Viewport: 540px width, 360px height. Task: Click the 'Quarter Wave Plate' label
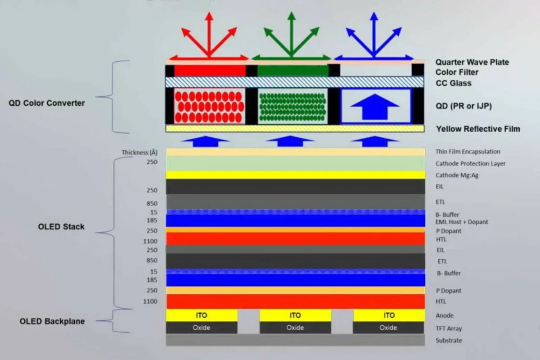coord(472,62)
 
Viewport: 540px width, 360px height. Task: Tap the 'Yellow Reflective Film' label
coord(478,129)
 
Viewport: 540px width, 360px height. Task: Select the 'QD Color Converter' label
coord(47,103)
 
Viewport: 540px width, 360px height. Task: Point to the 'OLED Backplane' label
coord(52,321)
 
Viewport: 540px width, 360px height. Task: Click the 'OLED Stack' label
coord(61,227)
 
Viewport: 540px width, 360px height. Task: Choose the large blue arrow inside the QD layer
coord(375,107)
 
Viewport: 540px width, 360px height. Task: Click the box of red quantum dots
coord(210,106)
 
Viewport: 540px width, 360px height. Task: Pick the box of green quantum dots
coord(292,106)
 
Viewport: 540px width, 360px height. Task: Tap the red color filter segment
coord(210,71)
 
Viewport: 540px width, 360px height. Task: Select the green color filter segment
coord(292,71)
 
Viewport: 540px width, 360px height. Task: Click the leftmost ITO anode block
coord(202,315)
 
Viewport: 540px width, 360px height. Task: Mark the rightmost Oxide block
coord(388,328)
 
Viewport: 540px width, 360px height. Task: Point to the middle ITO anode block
coord(295,315)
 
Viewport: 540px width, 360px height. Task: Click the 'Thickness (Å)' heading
coord(139,152)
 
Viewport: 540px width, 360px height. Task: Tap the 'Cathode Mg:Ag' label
coord(457,175)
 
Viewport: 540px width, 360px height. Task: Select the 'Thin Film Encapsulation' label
coord(468,152)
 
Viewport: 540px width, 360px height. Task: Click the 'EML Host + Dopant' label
coord(462,222)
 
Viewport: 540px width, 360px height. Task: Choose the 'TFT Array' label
coord(449,328)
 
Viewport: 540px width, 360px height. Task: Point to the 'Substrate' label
coord(449,340)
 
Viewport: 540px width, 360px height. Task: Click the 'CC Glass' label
coord(453,83)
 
